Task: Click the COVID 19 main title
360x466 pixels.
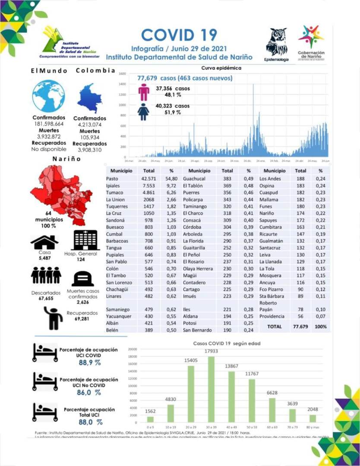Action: pos(179,35)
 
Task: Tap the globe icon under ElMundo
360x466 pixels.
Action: pos(49,96)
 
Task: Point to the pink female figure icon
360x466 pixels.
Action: pos(144,91)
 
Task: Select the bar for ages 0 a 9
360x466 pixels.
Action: pos(150,419)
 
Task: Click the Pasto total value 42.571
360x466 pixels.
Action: pos(148,179)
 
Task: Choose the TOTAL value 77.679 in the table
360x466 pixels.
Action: pos(300,327)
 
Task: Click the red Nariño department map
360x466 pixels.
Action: pos(60,188)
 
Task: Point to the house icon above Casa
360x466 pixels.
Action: pos(44,242)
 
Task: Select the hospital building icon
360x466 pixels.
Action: pos(86,240)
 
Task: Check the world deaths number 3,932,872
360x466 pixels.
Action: pos(49,136)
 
